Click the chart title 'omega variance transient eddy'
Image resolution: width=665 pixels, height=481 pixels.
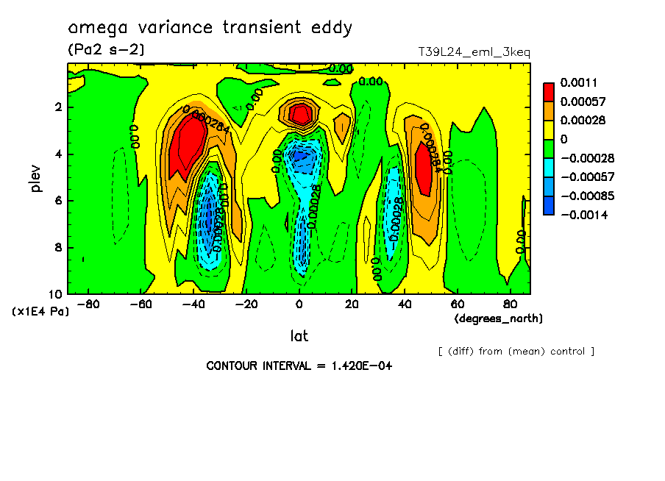click(x=210, y=29)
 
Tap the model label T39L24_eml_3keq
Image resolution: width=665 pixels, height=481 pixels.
click(x=474, y=52)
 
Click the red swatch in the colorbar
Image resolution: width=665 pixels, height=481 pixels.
click(x=549, y=92)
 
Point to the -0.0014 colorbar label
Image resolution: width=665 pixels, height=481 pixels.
click(x=581, y=213)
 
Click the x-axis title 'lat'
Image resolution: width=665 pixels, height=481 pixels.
click(x=298, y=336)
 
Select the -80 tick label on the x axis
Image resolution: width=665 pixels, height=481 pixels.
click(x=88, y=304)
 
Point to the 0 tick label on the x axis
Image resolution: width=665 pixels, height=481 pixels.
click(x=299, y=304)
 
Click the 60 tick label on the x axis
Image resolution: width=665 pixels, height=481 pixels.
click(x=457, y=304)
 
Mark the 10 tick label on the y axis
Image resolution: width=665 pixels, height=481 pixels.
click(x=57, y=294)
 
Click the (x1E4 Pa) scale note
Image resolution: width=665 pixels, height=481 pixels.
click(x=40, y=312)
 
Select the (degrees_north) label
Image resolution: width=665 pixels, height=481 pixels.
click(x=499, y=318)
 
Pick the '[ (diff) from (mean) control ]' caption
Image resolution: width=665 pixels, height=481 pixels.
click(x=516, y=352)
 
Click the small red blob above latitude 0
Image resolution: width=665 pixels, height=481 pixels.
click(x=299, y=113)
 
